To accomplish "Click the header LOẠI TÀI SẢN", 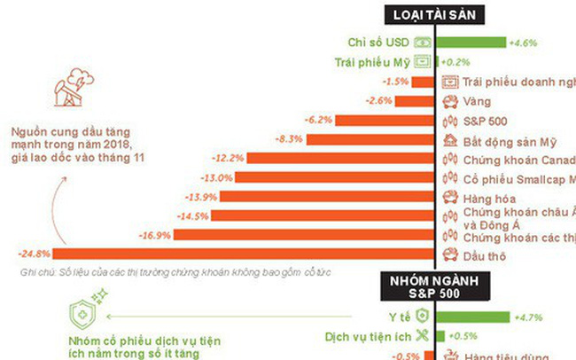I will [437, 15].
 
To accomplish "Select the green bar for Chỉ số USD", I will [472, 42].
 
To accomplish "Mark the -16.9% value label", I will [155, 235].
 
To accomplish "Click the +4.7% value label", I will [526, 317].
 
